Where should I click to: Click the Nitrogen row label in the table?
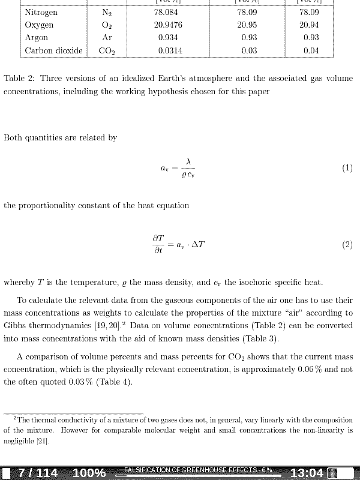tap(41, 12)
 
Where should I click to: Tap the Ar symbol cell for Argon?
tap(107, 38)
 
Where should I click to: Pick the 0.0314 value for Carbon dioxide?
tap(170, 51)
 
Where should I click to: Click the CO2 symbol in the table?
tap(107, 51)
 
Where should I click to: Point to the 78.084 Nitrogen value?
tap(166, 12)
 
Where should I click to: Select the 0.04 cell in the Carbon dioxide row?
tap(311, 51)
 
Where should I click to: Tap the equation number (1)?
tap(347, 168)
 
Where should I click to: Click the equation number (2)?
tap(347, 245)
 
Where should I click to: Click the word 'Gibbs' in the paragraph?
tap(16, 326)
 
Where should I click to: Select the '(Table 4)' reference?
tap(113, 382)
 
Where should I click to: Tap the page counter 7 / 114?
tap(38, 473)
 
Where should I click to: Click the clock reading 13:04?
tap(307, 473)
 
